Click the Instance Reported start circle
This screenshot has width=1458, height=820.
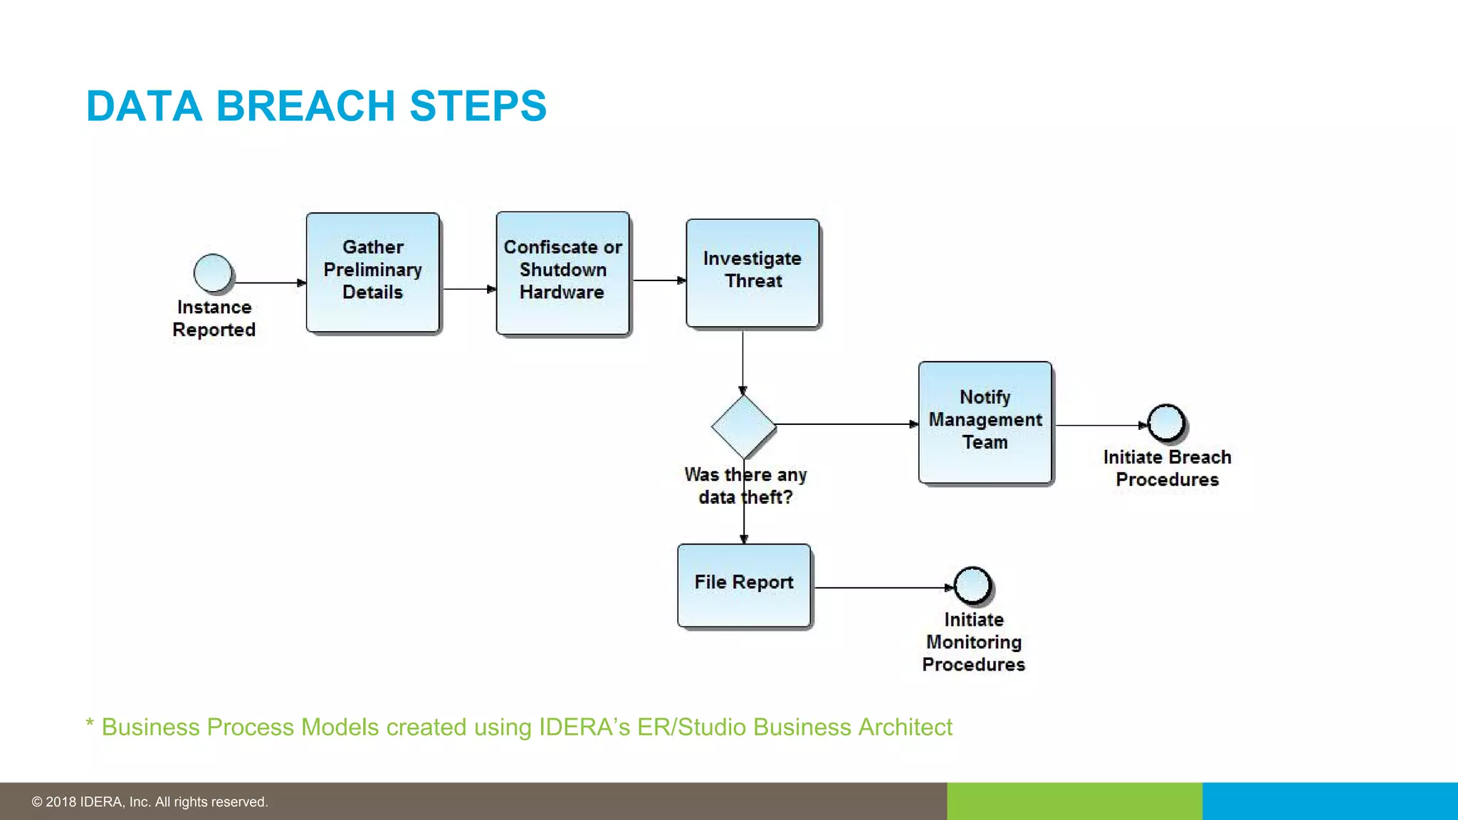tap(213, 273)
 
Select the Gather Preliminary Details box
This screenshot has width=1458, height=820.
tap(372, 273)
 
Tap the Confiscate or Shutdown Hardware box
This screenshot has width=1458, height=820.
tap(562, 273)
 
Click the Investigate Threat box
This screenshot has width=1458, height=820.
tap(752, 273)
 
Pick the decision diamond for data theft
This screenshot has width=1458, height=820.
tap(743, 426)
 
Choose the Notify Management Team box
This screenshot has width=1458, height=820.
tap(985, 423)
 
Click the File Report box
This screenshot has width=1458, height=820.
tap(744, 586)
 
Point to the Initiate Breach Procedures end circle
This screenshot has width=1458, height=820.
tap(1166, 423)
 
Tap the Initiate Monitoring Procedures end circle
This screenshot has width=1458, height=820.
tap(972, 585)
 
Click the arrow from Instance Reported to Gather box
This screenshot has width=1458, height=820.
tap(269, 283)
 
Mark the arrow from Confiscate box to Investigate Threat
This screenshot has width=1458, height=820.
tap(659, 280)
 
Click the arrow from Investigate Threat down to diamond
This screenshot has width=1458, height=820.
tap(743, 362)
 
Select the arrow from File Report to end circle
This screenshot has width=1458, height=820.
tap(883, 588)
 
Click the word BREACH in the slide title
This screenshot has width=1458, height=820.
tap(305, 106)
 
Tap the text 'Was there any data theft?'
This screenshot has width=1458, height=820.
tap(745, 485)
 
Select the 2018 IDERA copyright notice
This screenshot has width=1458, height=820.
tap(150, 801)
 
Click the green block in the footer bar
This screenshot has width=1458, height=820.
tap(1074, 801)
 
